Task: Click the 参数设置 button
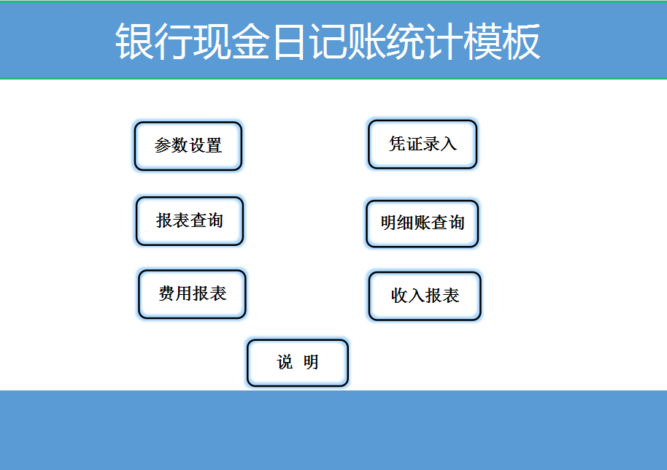click(188, 146)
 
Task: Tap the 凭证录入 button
click(423, 145)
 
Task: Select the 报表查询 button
click(190, 220)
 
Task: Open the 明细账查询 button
click(423, 223)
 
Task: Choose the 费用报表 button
click(193, 294)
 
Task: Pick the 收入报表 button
click(425, 296)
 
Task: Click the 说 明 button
click(298, 363)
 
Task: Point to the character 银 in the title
click(135, 42)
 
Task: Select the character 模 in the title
click(482, 42)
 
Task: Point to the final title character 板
click(521, 42)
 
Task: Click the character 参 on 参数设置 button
click(163, 146)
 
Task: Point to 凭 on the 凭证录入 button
click(397, 145)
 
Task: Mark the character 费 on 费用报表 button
click(167, 294)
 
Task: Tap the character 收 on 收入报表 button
click(399, 296)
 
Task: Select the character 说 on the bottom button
click(284, 363)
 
